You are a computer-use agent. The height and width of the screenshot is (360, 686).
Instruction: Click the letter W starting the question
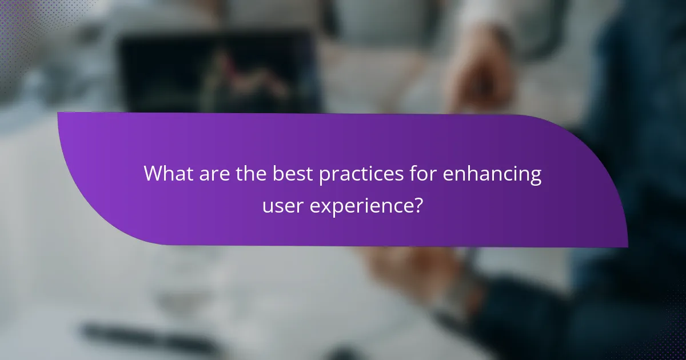point(153,173)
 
